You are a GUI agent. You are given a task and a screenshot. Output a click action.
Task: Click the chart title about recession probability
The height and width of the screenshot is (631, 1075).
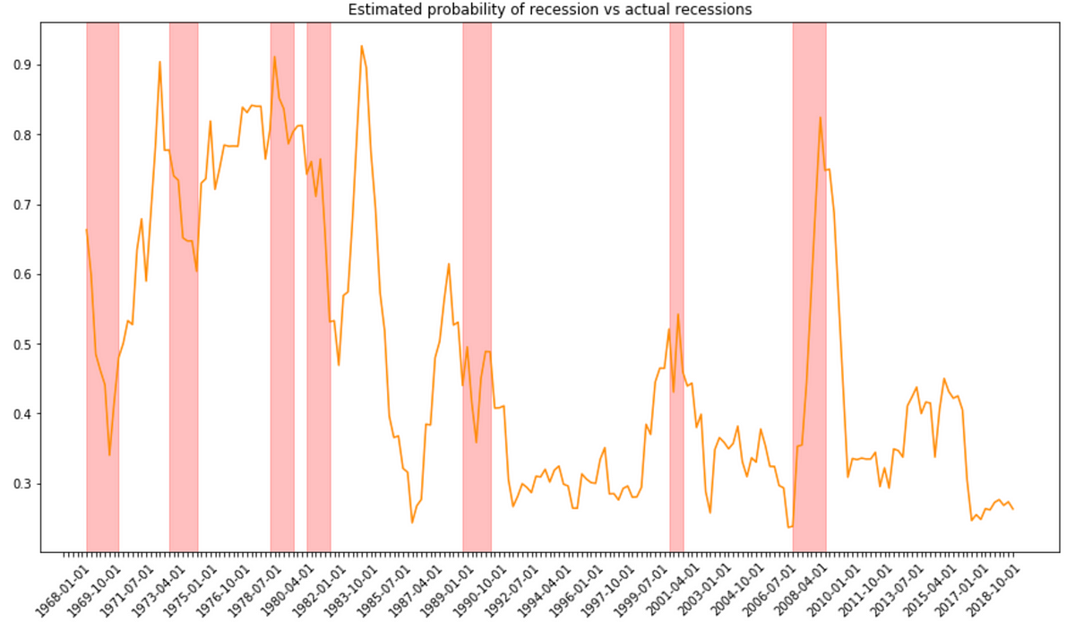click(537, 9)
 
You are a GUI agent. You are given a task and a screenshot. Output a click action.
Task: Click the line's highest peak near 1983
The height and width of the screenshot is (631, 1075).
click(361, 46)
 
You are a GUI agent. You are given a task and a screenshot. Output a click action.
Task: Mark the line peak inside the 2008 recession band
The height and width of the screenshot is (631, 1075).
click(820, 117)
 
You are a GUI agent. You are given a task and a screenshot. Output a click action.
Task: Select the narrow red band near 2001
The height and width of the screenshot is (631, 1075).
click(676, 287)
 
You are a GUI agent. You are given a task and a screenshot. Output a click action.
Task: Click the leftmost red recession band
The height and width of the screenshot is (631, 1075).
click(102, 287)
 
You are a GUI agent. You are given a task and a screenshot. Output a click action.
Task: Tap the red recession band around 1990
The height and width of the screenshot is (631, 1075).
click(477, 287)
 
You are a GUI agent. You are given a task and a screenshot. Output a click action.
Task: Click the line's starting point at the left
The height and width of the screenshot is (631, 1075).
click(87, 229)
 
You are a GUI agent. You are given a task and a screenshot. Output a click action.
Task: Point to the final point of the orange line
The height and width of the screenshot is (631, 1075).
click(1013, 509)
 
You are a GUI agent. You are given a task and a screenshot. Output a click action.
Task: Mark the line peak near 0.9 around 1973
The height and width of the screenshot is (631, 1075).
click(159, 62)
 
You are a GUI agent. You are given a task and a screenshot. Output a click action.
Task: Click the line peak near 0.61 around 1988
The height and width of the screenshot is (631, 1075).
click(449, 264)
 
